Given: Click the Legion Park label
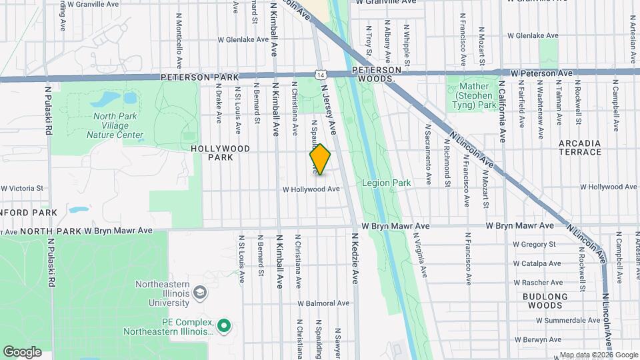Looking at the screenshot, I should point(387,182).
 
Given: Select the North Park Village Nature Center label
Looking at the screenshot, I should point(115,125).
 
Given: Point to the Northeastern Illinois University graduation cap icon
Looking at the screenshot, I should point(199,293).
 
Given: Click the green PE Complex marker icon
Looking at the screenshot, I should point(225,327).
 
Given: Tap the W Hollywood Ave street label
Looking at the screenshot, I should point(311,189).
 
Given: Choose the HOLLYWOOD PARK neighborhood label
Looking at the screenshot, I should point(220,153).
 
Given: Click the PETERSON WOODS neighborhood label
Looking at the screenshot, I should point(377,74).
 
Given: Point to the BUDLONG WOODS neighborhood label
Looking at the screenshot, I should point(545,301).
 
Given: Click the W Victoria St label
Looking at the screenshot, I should point(22,189).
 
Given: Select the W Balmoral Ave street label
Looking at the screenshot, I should point(323,303).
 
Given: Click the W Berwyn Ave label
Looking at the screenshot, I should point(545,339).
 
